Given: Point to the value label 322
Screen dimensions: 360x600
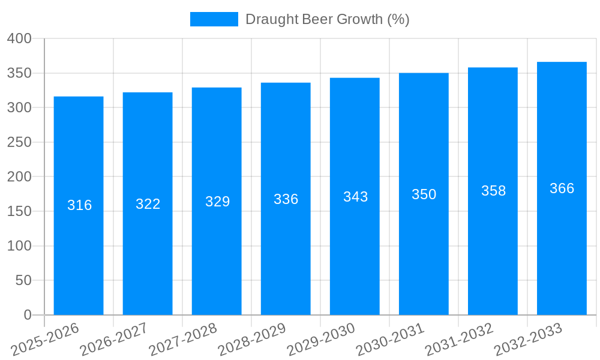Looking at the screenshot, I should pyautogui.click(x=148, y=204).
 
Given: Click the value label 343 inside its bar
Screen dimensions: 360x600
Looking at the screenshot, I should pyautogui.click(x=355, y=197).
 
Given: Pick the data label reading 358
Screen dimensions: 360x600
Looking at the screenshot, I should pyautogui.click(x=493, y=191).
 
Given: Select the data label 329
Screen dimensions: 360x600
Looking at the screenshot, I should pyautogui.click(x=217, y=202).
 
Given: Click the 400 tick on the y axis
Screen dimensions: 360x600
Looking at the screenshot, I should pyautogui.click(x=19, y=38).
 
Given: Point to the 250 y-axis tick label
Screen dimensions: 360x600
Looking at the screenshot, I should pyautogui.click(x=19, y=142).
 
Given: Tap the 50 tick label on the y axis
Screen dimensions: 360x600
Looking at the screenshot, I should pyautogui.click(x=23, y=280).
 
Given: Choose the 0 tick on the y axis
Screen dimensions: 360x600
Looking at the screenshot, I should pyautogui.click(x=27, y=315).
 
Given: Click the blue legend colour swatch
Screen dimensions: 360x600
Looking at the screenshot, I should pyautogui.click(x=214, y=19).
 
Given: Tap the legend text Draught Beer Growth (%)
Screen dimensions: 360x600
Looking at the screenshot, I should pyautogui.click(x=327, y=19).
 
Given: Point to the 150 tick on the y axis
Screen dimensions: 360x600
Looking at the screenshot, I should pyautogui.click(x=19, y=211).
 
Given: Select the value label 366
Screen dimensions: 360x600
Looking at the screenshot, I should pyautogui.click(x=562, y=188).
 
